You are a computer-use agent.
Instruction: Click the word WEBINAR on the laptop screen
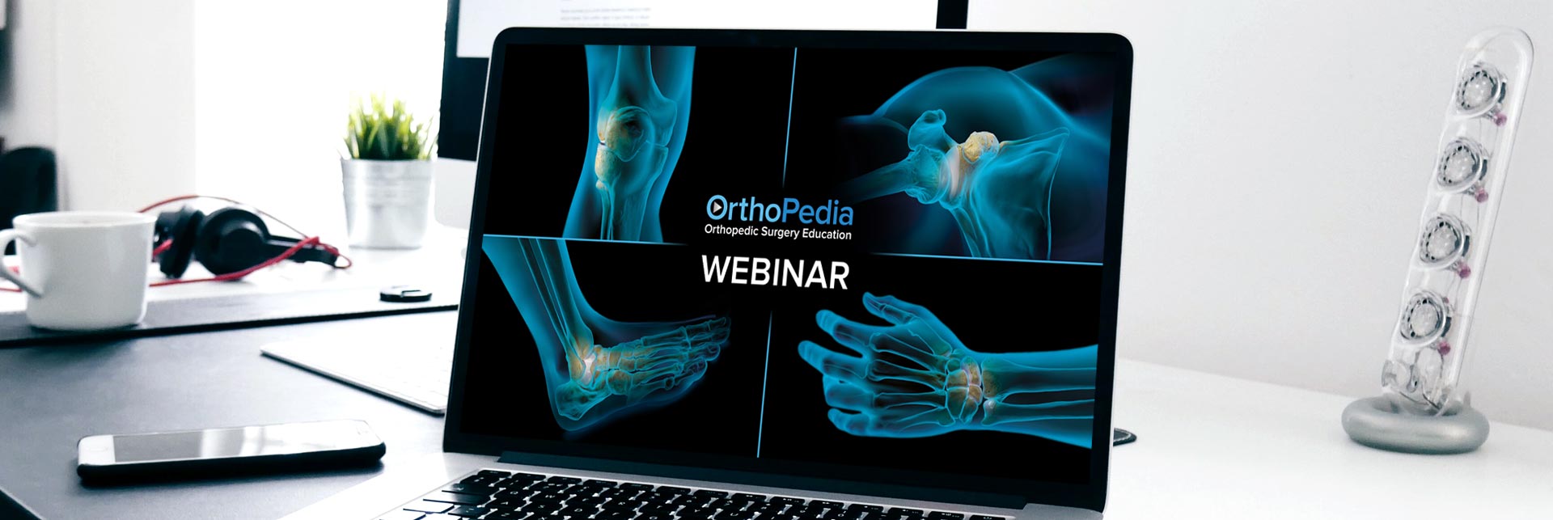[775, 273]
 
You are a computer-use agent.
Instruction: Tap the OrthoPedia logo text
[779, 209]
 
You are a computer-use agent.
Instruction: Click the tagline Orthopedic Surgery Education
[777, 234]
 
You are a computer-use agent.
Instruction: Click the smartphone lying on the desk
[231, 449]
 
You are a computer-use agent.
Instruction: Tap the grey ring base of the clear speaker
[1415, 425]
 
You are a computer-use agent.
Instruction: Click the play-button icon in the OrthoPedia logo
[717, 207]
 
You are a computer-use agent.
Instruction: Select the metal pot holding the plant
[387, 202]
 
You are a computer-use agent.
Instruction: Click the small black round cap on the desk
[405, 294]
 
